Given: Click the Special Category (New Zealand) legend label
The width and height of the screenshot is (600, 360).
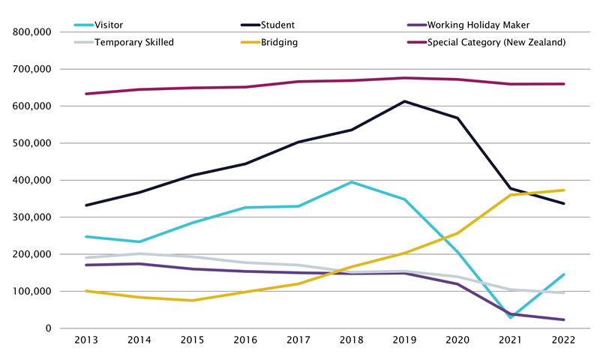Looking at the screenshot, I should click(496, 42).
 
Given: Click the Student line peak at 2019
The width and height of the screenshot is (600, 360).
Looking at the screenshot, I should click(405, 101).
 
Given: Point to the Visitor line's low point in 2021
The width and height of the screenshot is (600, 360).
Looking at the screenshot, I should click(511, 318).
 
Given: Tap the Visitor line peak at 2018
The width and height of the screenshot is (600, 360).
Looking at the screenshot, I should click(352, 182).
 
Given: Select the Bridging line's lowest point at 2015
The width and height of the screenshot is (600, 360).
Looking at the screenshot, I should click(193, 301).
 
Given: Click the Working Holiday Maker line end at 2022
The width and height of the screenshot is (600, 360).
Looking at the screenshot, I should click(564, 319).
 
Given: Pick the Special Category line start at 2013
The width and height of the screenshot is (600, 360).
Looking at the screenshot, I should click(87, 94).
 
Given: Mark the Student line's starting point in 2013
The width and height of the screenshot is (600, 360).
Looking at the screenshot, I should click(87, 205).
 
